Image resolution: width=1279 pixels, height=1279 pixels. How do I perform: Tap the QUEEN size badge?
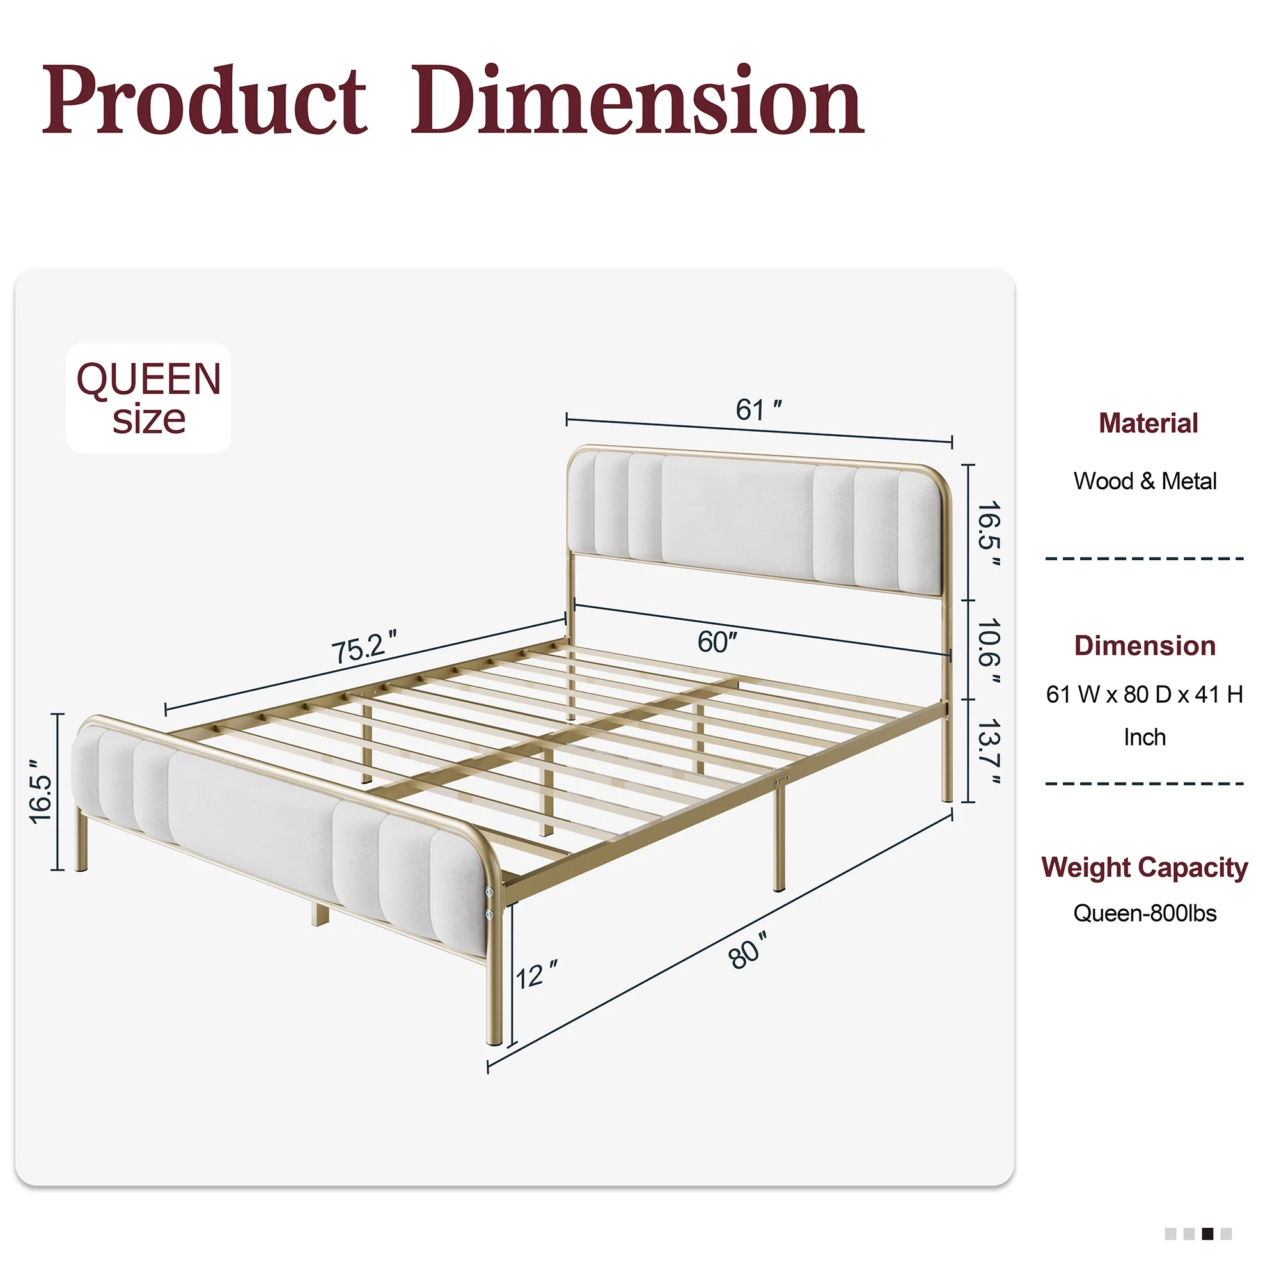coord(148,398)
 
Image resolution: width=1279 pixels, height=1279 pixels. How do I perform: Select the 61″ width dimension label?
coord(758,410)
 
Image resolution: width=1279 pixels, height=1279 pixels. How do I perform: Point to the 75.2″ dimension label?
coord(364,646)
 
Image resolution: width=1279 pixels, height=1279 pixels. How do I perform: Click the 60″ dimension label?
coord(717,641)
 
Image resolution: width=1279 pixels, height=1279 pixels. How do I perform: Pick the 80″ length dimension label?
coord(748,951)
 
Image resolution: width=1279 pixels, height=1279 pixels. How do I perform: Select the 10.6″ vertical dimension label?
coord(989,651)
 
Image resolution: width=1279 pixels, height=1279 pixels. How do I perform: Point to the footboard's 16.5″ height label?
coord(40,790)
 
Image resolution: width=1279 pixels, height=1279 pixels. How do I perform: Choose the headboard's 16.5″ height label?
coord(989,533)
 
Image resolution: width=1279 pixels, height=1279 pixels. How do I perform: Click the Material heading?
coord(1148,423)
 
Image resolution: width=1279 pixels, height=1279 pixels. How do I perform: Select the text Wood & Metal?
coord(1145,481)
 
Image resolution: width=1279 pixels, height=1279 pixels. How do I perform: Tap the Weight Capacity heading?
coord(1144,867)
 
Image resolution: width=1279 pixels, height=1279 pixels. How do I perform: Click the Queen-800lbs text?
coord(1145,914)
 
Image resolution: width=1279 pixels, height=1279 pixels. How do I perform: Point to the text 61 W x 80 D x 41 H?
coord(1144,694)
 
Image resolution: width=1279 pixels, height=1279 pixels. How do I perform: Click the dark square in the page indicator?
coord(1207,1234)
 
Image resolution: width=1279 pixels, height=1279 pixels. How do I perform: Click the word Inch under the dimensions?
coord(1145,737)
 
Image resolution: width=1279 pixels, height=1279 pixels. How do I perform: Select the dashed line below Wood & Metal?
coord(1145,559)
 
